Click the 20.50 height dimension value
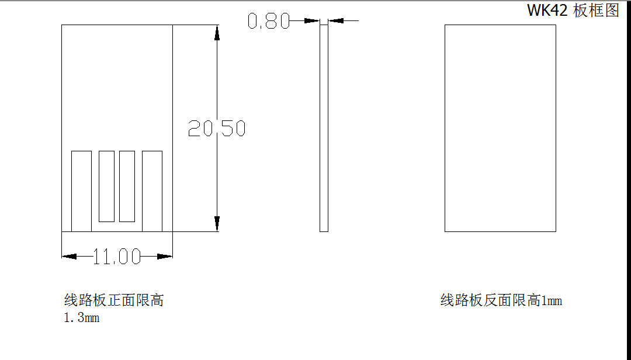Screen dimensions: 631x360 (217, 129)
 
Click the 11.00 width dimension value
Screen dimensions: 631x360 (117, 257)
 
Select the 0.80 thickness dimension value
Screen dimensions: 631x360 (268, 22)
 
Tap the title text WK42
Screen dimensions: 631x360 (547, 11)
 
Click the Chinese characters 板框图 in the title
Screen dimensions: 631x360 (596, 11)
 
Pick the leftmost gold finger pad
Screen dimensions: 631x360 (81, 191)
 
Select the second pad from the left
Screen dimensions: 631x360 (106, 186)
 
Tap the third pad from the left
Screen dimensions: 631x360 (127, 186)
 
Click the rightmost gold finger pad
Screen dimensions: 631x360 (152, 191)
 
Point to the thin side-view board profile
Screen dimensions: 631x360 (324, 129)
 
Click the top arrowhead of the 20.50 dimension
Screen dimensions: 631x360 (217, 33)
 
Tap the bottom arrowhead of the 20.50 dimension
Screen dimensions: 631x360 (217, 224)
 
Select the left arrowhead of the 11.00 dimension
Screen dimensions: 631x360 (69, 256)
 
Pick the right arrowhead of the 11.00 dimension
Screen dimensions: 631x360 (165, 256)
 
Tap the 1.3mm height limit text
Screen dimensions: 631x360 (82, 318)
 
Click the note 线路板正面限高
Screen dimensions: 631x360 (114, 300)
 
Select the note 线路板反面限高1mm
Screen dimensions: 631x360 (501, 300)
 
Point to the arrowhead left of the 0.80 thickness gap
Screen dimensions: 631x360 (313, 21)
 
